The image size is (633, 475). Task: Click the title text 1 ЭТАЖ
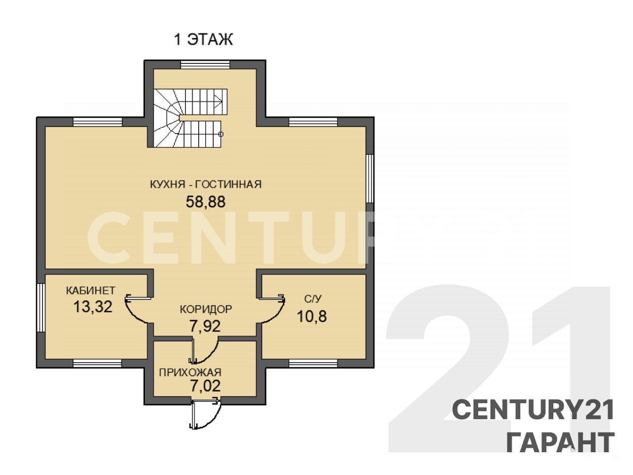point(203,40)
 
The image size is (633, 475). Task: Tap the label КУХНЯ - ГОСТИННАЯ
point(206,184)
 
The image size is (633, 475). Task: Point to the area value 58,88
point(206,202)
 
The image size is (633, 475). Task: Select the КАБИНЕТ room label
point(90,290)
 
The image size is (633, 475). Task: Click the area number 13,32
point(93,307)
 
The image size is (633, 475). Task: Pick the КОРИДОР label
point(206,309)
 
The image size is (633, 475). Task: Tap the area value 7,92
point(205,326)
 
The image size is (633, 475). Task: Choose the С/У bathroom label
point(313,299)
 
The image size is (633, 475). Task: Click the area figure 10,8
point(312,316)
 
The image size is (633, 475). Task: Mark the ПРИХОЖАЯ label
point(190,372)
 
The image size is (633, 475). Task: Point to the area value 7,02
point(205,386)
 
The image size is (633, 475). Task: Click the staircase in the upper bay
point(190,118)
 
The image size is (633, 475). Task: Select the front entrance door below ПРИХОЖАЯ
point(205,413)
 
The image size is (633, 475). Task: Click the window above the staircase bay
point(205,64)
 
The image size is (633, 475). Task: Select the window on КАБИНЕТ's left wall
point(41,308)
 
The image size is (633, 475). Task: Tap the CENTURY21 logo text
point(533,410)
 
